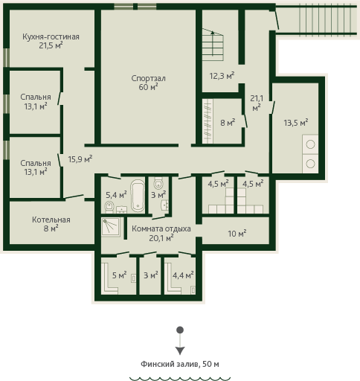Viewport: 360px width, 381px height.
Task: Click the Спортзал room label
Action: pyautogui.click(x=148, y=78)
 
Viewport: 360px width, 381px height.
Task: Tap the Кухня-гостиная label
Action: pyautogui.click(x=51, y=36)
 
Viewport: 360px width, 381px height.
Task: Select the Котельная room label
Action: pyautogui.click(x=51, y=220)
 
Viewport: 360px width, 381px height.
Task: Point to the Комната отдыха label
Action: pyautogui.click(x=161, y=228)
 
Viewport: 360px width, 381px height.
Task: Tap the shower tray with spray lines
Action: pyautogui.click(x=111, y=227)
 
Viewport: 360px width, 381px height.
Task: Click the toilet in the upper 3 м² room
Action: pyautogui.click(x=158, y=183)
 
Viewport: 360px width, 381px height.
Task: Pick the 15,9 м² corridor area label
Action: pyautogui.click(x=80, y=159)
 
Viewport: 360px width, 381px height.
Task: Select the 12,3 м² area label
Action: pyautogui.click(x=222, y=75)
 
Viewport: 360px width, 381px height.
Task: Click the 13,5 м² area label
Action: pyautogui.click(x=296, y=123)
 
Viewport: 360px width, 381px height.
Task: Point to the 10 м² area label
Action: pyautogui.click(x=237, y=234)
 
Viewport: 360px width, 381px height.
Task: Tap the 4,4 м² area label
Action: pyautogui.click(x=183, y=275)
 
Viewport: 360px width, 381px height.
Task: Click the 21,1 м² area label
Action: pyautogui.click(x=257, y=103)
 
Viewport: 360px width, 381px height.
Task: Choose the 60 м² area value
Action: pyautogui.click(x=148, y=87)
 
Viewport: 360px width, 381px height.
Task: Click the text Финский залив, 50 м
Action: pyautogui.click(x=180, y=364)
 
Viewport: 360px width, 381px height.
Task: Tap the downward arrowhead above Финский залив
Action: pyautogui.click(x=180, y=350)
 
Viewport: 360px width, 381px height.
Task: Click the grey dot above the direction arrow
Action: pyautogui.click(x=180, y=330)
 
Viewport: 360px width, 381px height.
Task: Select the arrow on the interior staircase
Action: pyautogui.click(x=213, y=43)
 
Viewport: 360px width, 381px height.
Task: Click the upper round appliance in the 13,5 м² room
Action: pyautogui.click(x=310, y=144)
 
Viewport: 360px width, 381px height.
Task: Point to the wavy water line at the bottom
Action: pyautogui.click(x=180, y=379)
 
